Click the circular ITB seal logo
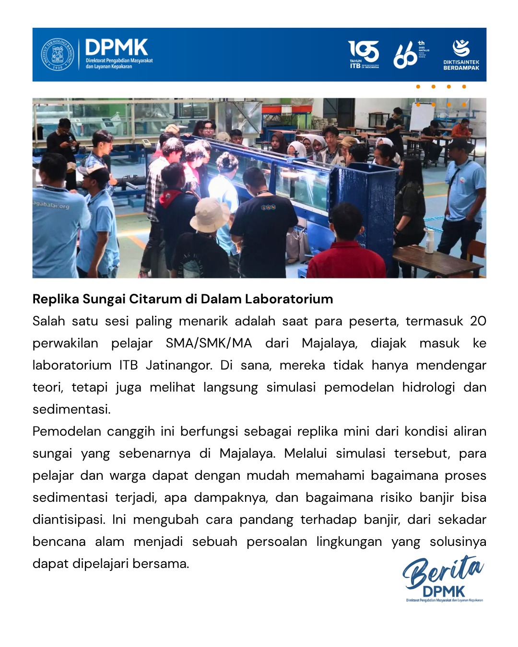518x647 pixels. coord(58,54)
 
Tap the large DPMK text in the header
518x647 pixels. coord(117,48)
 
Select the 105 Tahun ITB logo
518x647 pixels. coord(364,54)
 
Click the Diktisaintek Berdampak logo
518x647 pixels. coord(461,55)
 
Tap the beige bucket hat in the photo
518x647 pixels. coord(210,215)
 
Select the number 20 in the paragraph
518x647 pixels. coord(478,321)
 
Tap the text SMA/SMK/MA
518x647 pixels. coord(209,343)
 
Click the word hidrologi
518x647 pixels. coord(428,387)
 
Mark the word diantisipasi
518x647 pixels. coord(68,520)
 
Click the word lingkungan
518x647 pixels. coord(349,542)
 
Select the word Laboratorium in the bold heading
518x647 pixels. coord(289,299)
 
